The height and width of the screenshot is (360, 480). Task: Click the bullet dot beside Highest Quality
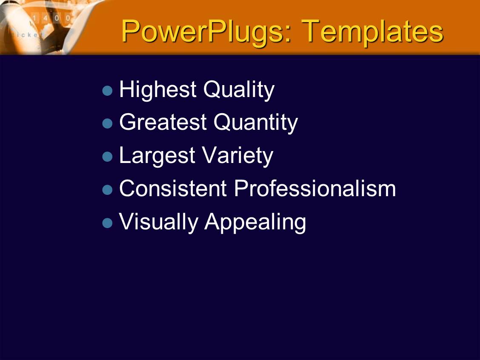pos(108,91)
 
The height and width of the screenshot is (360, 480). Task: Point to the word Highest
pos(157,90)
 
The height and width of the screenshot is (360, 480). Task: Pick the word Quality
pos(239,90)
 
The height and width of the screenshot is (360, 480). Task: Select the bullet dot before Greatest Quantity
pos(108,123)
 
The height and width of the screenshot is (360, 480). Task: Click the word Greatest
pos(163,122)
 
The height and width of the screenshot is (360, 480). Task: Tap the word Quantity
pos(256,123)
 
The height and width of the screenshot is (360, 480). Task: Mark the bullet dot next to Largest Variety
pos(108,157)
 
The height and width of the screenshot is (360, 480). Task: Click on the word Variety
pos(238,156)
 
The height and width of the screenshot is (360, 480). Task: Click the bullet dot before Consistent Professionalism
pos(108,190)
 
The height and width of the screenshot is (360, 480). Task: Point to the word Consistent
pos(173,188)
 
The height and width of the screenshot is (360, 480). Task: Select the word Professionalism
pos(315,188)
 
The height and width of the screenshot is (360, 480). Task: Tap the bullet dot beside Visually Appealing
pos(108,223)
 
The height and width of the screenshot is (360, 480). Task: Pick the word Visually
pos(159,222)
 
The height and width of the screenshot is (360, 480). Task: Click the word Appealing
pos(255,222)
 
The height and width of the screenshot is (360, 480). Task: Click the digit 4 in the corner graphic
pos(45,18)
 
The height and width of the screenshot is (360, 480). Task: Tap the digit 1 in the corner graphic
pos(34,18)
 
